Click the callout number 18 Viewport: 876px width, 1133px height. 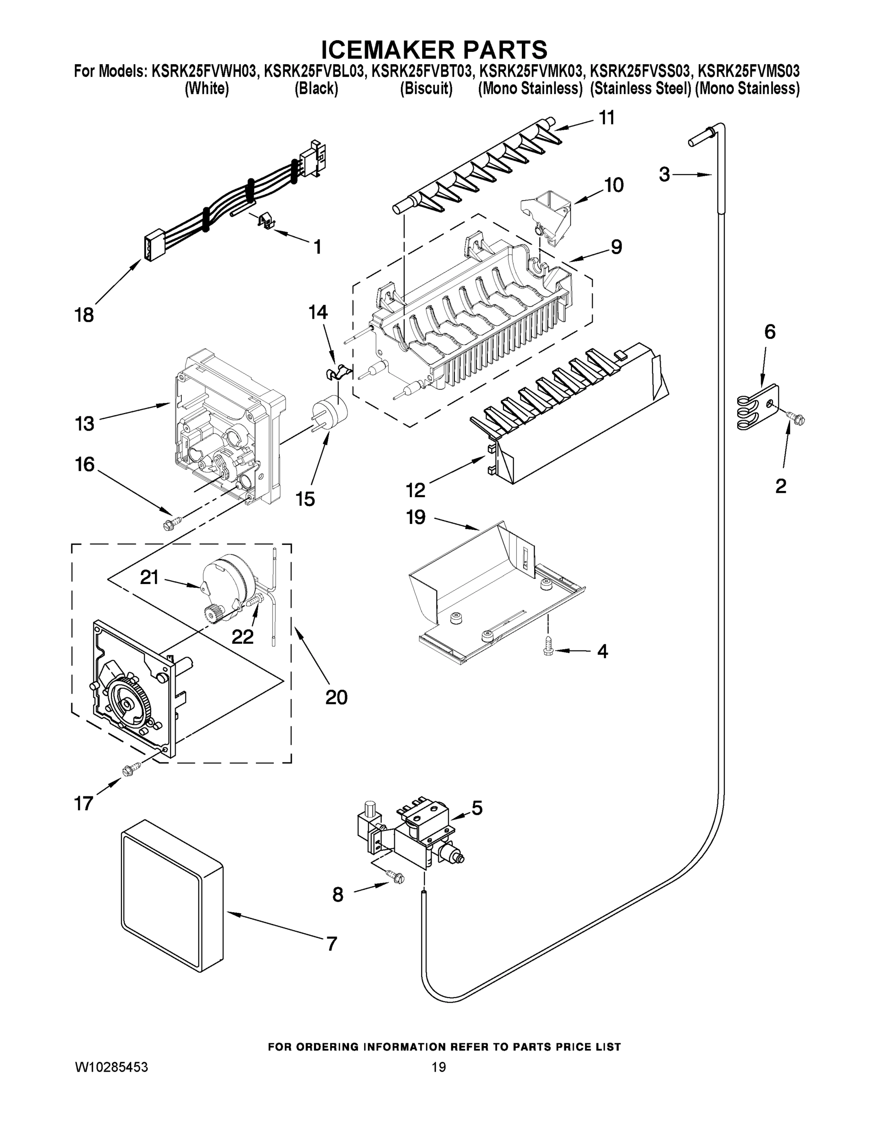(x=84, y=315)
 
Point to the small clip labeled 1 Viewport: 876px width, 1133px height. (x=266, y=220)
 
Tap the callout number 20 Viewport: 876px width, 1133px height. (x=336, y=697)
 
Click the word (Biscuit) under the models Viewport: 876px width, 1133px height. (x=426, y=89)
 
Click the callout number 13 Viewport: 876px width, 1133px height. (x=84, y=424)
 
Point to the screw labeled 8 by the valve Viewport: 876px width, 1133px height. (x=397, y=876)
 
